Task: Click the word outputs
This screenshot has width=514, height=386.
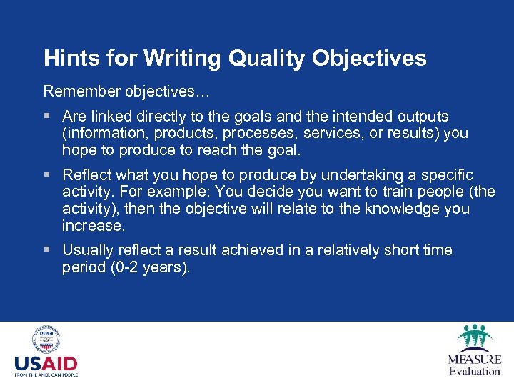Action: point(422,116)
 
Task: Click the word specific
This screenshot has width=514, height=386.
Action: point(446,175)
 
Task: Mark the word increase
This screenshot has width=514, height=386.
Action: point(93,226)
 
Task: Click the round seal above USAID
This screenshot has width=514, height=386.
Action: point(46,340)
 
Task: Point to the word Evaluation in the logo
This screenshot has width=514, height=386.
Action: point(475,370)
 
